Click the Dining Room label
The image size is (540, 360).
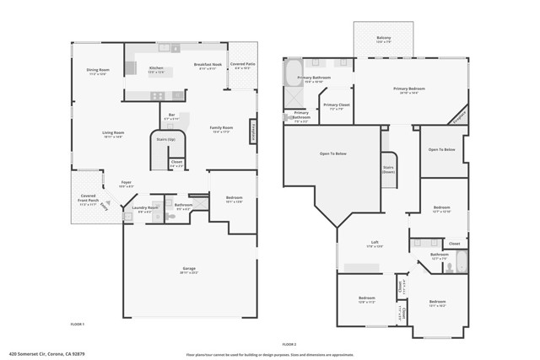[x=99, y=72]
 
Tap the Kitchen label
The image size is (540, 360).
[x=156, y=69]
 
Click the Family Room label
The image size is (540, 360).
[x=222, y=129]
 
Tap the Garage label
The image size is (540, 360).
[x=189, y=270]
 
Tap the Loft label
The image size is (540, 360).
[x=374, y=244]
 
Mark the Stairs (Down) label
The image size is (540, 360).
[x=389, y=169]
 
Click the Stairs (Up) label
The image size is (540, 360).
[x=166, y=139]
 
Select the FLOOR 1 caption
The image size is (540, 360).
[x=78, y=324]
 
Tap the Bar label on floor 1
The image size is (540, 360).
[x=171, y=116]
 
